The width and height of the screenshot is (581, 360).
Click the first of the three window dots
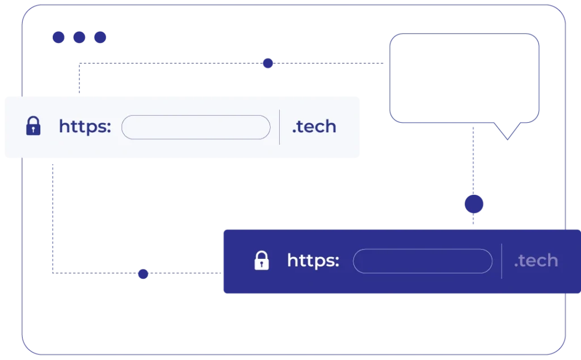[58, 37]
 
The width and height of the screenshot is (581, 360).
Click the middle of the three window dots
[79, 37]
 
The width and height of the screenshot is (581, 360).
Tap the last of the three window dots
[100, 37]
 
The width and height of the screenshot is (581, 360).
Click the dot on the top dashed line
[268, 63]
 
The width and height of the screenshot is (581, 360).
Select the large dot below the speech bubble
[474, 204]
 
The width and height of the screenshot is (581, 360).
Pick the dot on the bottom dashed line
[143, 274]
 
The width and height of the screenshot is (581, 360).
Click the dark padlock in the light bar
[33, 125]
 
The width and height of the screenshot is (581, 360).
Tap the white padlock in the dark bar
[262, 260]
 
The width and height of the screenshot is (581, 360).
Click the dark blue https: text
[85, 127]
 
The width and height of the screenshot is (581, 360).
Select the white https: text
[313, 260]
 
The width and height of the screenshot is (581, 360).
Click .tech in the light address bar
[314, 127]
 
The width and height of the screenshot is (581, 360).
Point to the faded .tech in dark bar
[536, 260]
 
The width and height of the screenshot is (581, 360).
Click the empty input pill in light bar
[196, 127]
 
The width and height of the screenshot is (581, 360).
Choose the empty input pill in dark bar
[423, 261]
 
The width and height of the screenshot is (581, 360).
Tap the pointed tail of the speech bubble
[507, 140]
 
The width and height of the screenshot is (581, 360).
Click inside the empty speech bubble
[464, 78]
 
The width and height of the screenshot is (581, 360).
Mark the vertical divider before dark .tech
[502, 261]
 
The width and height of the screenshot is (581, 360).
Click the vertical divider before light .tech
[279, 127]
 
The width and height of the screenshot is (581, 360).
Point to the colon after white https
[337, 261]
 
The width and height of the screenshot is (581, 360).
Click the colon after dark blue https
[108, 127]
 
